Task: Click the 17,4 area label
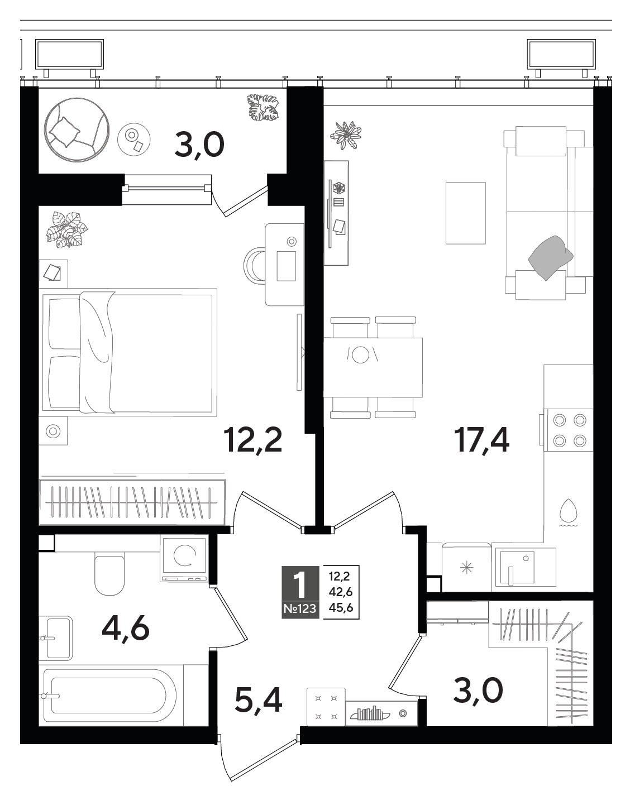pos(484,440)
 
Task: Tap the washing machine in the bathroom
pos(184,560)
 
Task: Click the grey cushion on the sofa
pos(550,257)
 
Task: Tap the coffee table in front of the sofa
pos(465,213)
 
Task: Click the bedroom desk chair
pos(255,266)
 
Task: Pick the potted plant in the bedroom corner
pos(66,229)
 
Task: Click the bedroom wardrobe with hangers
pos(132,502)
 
